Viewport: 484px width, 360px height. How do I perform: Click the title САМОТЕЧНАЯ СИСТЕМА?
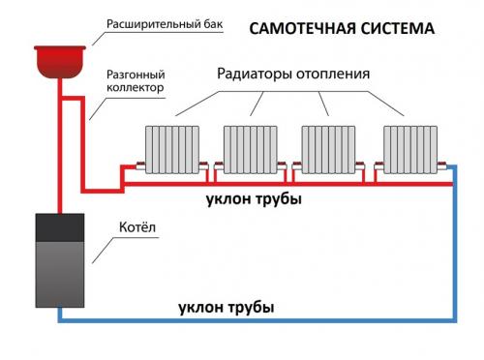[x=342, y=29]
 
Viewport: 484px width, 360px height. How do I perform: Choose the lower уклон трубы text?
[x=227, y=308]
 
